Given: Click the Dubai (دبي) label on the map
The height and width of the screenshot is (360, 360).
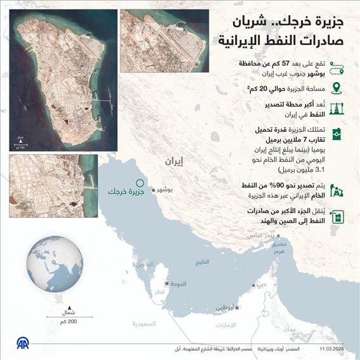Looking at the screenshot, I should tap(262, 283).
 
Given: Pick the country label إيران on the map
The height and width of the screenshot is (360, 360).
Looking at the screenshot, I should tap(181, 162).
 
